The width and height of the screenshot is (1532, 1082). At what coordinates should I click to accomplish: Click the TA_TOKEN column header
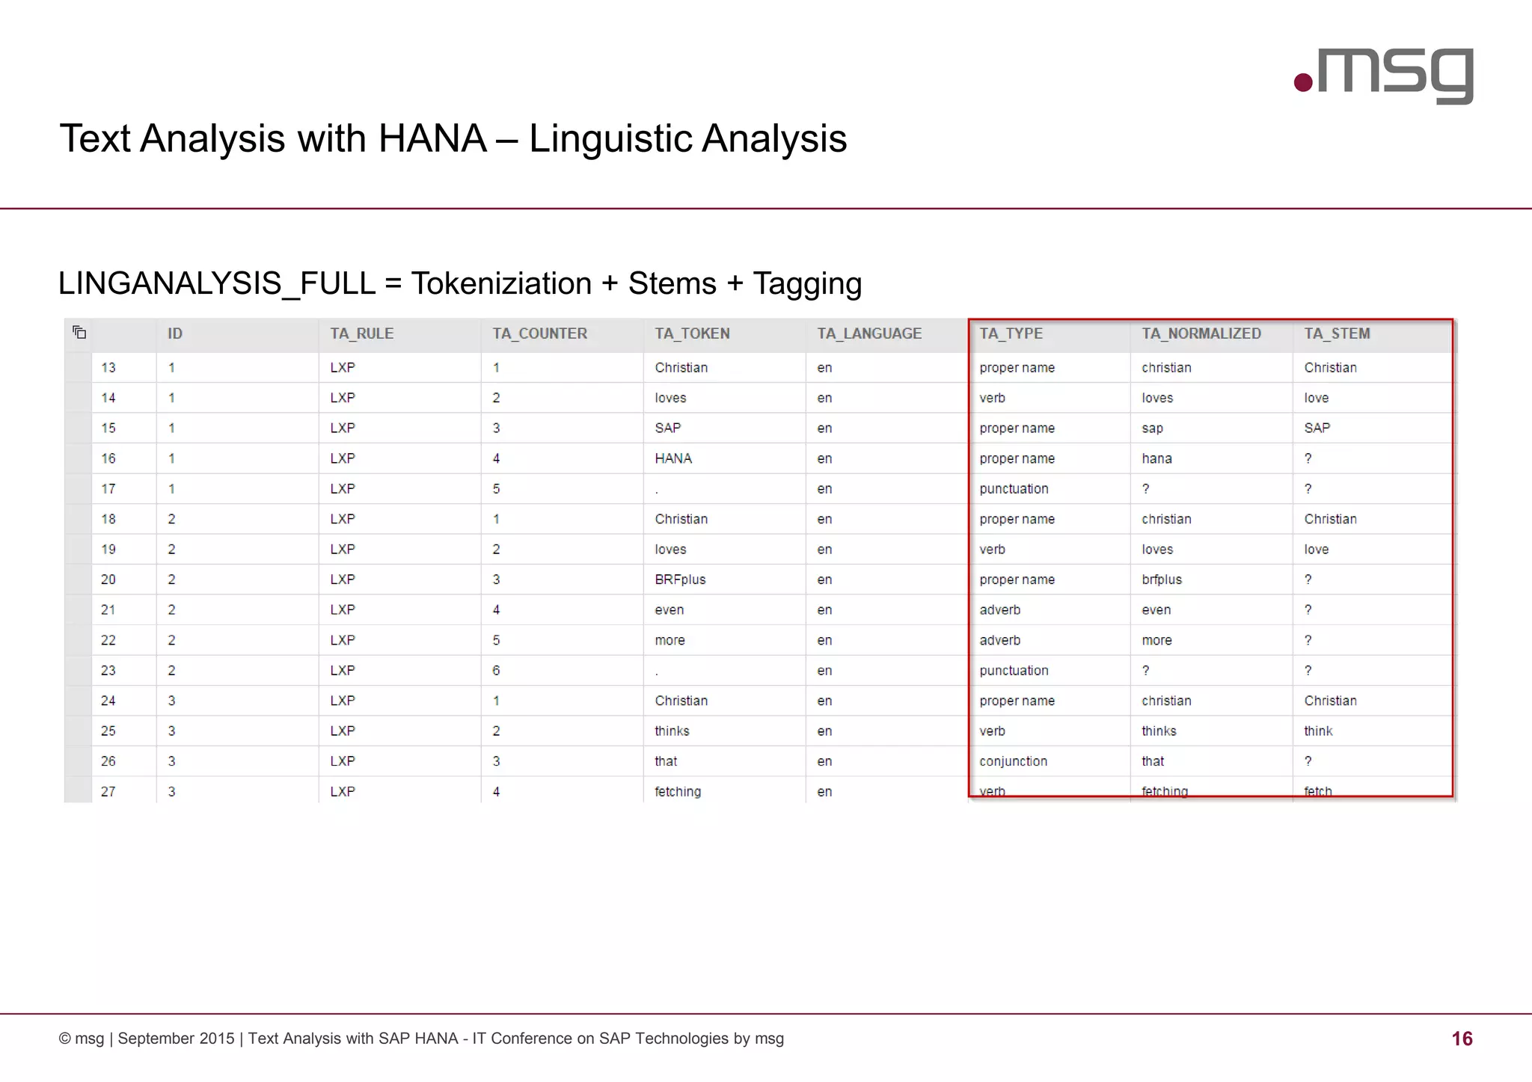(x=692, y=333)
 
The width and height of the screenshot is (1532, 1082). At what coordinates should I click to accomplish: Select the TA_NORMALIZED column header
(x=1201, y=333)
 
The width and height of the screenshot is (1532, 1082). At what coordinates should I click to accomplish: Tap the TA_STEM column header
(x=1337, y=333)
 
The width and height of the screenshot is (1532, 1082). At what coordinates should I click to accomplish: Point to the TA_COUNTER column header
(x=539, y=333)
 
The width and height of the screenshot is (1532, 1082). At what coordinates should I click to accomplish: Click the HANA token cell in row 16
(x=673, y=458)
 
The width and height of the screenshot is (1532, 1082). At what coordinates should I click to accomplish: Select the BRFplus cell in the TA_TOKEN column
(x=680, y=580)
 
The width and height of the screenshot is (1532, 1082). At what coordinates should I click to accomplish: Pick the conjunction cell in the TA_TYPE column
(x=1013, y=761)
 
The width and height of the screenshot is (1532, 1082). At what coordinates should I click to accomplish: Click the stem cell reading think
(x=1318, y=731)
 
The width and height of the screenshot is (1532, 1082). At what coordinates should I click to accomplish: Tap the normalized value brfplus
(x=1162, y=580)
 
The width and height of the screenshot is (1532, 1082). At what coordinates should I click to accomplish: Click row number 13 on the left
(x=108, y=368)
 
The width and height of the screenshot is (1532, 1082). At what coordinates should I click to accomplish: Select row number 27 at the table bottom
(x=108, y=791)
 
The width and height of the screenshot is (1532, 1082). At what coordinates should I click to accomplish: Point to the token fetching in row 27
(x=678, y=791)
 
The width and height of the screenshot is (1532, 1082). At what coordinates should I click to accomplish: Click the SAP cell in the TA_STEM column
(x=1317, y=428)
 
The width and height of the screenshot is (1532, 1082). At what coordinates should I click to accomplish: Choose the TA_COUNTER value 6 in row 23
(x=496, y=671)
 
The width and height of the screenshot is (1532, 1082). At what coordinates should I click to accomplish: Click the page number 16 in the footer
(x=1462, y=1039)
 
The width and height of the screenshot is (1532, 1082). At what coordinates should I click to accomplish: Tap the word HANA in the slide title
(x=432, y=139)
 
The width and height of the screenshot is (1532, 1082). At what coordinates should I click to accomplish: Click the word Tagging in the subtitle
(x=807, y=284)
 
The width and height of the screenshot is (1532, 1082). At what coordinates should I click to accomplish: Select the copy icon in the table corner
(x=79, y=333)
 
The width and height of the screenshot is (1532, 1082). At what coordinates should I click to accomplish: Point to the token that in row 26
(x=666, y=761)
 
